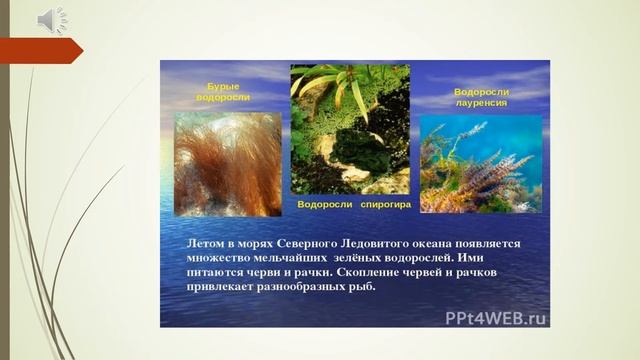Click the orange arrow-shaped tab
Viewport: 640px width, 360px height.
coord(40,49)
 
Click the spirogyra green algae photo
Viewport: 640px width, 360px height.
coord(350,129)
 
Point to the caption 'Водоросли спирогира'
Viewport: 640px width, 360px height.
coord(355,204)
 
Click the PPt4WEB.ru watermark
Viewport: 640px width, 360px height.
coord(496,319)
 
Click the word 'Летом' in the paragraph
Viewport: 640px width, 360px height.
coord(207,243)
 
